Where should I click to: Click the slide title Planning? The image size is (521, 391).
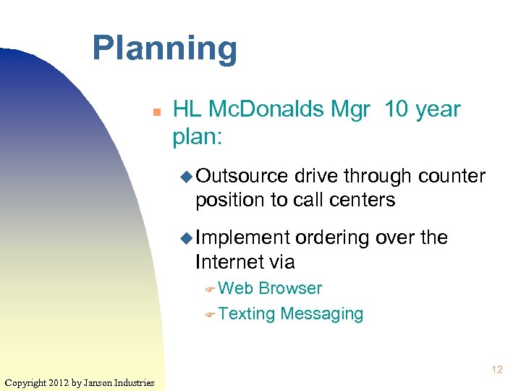click(164, 49)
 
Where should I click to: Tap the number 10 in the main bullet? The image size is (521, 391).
click(397, 109)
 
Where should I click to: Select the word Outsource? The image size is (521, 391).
click(242, 176)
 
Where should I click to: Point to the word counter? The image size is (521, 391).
click(451, 176)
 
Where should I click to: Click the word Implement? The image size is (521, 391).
click(243, 237)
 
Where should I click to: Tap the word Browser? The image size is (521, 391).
click(290, 288)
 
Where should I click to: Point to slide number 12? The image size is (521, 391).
click(496, 370)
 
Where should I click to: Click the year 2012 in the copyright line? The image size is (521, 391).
click(59, 382)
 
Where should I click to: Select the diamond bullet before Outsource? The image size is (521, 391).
click(187, 177)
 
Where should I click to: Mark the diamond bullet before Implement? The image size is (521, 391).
click(187, 238)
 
